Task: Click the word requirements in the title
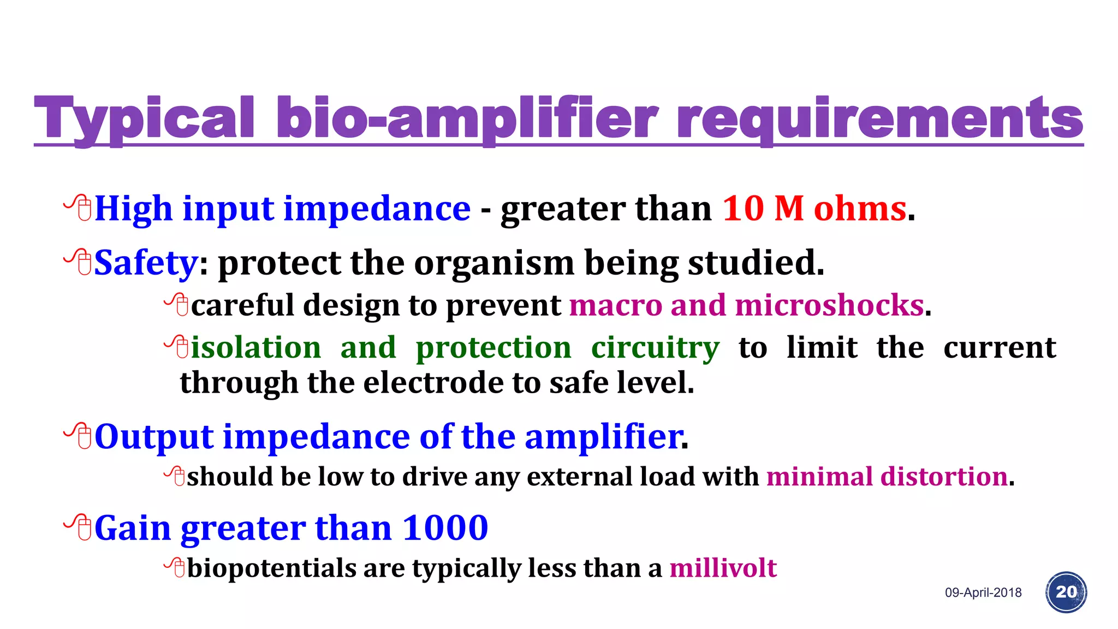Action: pos(879,118)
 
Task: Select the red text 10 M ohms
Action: pos(814,209)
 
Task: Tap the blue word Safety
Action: pos(145,263)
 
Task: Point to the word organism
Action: pos(494,263)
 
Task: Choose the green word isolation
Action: pos(256,348)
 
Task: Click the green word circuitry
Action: pos(655,348)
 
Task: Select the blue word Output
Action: pos(154,437)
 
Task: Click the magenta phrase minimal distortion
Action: pos(887,477)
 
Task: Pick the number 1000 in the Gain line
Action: pos(445,528)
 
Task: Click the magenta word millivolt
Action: pos(723,568)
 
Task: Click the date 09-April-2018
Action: pos(983,592)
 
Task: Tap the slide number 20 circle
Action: pos(1066,592)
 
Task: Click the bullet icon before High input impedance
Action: pos(78,208)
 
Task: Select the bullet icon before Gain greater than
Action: pos(78,527)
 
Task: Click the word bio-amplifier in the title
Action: pos(467,118)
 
